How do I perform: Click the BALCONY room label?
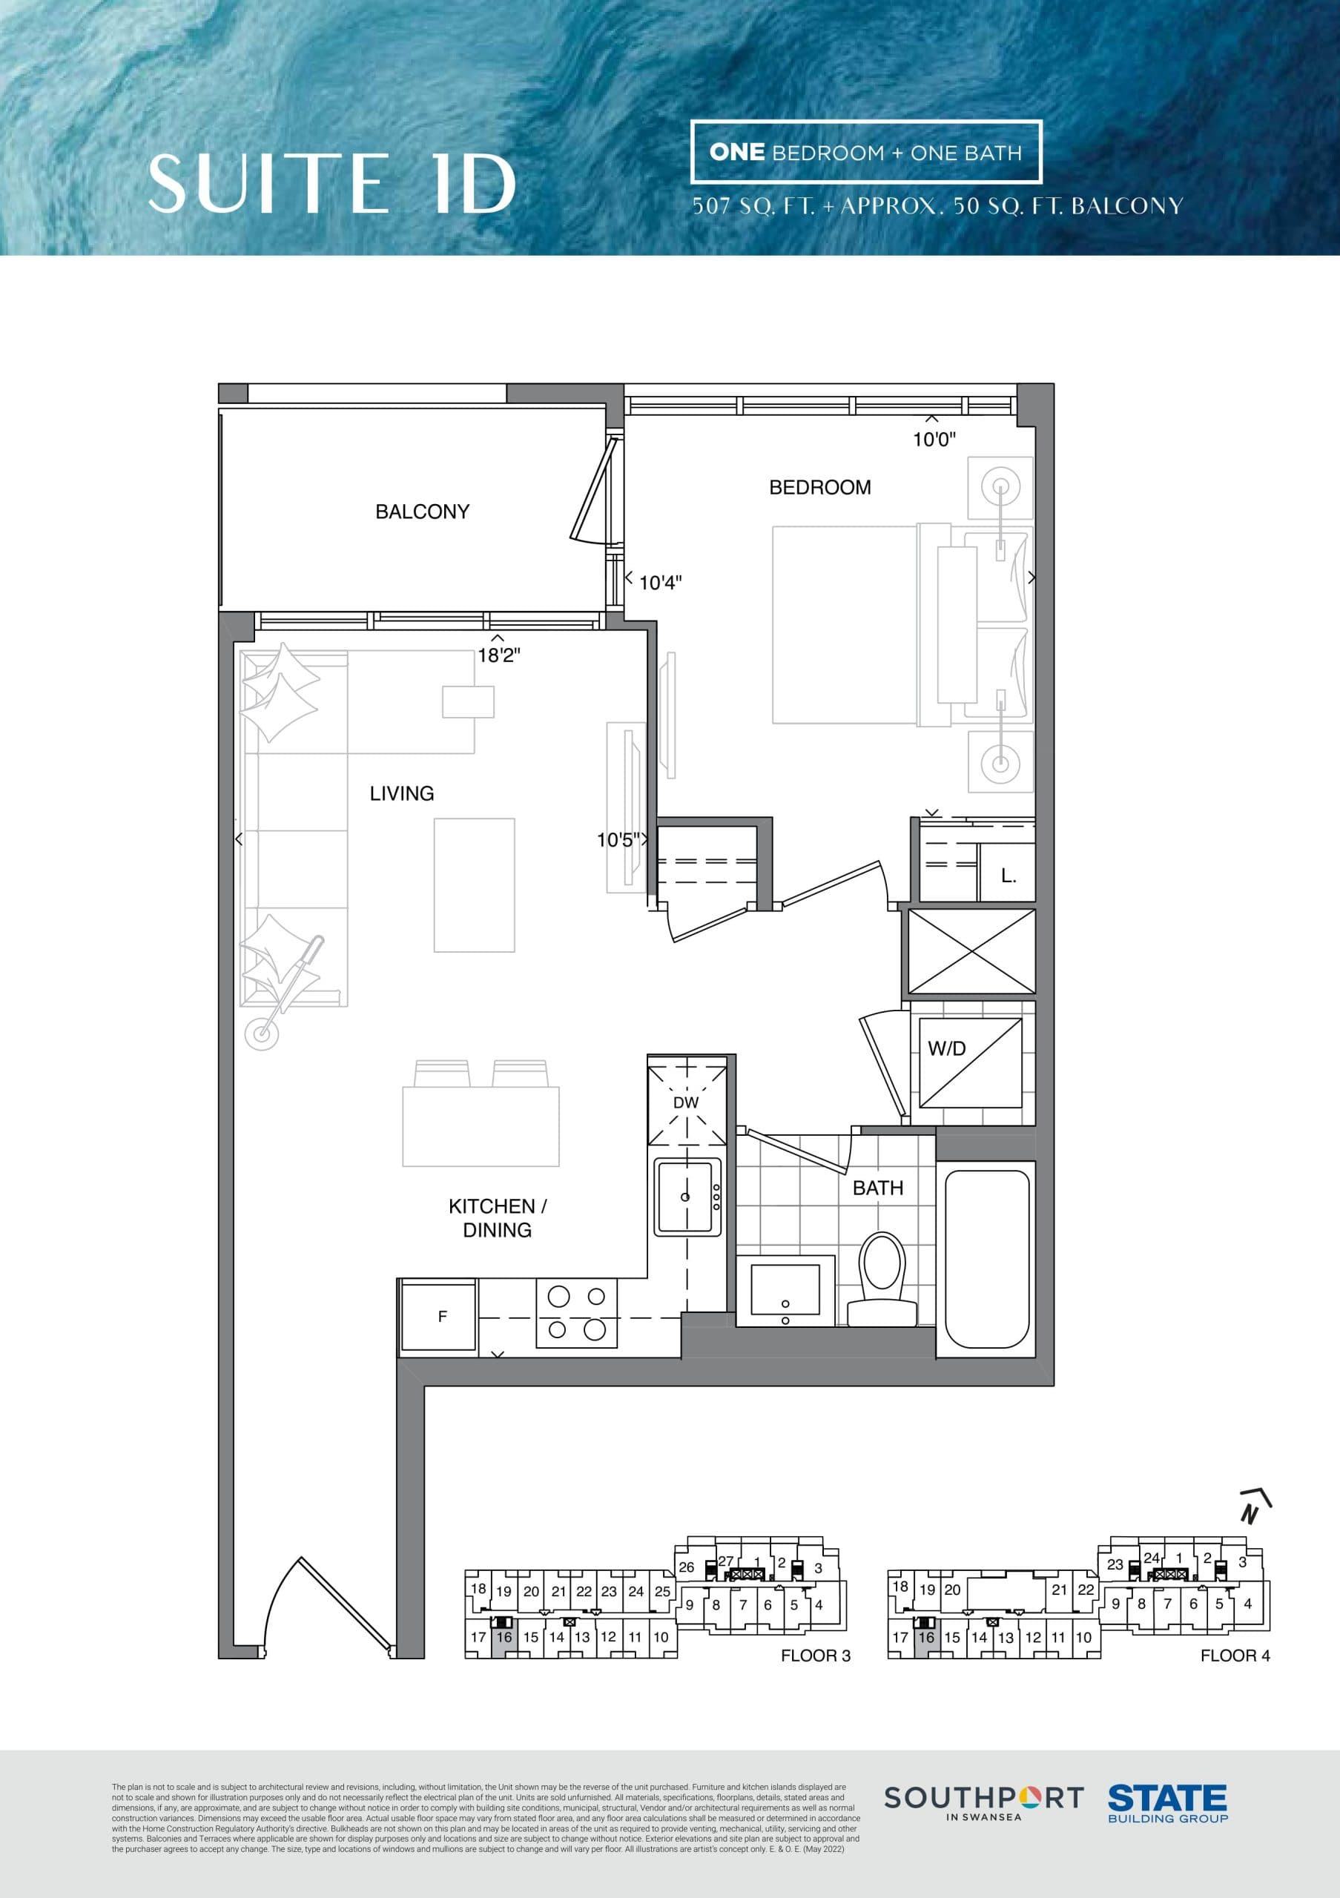pos(422,512)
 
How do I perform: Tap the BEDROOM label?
pos(819,488)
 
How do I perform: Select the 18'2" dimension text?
pos(498,655)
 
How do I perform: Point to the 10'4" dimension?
pos(660,583)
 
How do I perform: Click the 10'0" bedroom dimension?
pos(934,440)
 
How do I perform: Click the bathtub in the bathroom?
pos(986,1260)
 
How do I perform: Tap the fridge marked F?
pos(439,1317)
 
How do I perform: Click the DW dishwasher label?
pos(685,1102)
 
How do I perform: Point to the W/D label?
pos(946,1049)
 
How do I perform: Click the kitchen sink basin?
pos(684,1196)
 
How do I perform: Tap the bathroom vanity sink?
pos(785,1290)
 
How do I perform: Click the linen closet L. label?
pos(1008,876)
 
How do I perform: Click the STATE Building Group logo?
pos(1166,1802)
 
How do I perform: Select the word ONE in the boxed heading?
pos(736,152)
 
